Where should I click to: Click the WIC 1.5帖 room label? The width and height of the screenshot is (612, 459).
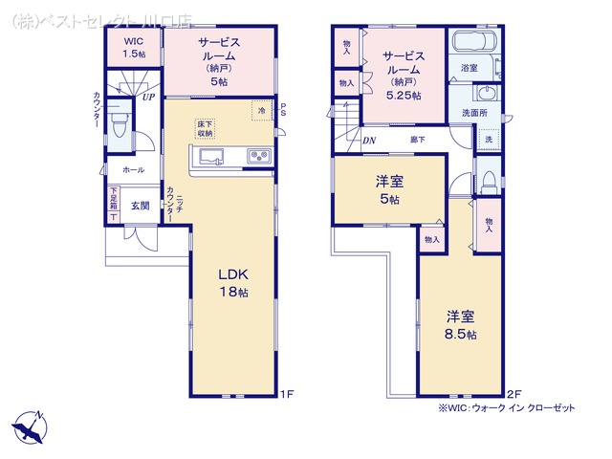click(x=134, y=47)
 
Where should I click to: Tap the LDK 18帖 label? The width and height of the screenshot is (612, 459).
click(x=233, y=283)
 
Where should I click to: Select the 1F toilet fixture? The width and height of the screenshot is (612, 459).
click(x=119, y=124)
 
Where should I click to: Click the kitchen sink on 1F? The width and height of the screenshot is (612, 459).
click(x=212, y=157)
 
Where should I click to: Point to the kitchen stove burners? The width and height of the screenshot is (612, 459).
click(x=259, y=156)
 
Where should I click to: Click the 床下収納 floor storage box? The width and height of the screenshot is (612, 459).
click(x=206, y=128)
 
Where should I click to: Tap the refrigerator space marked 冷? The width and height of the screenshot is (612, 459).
click(x=262, y=111)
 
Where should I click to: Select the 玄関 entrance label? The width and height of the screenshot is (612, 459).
click(x=141, y=206)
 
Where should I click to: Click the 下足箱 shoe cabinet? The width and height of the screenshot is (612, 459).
click(x=113, y=204)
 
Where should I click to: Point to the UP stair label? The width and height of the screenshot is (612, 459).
click(x=148, y=98)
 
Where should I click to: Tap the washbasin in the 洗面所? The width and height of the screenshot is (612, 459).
click(x=485, y=94)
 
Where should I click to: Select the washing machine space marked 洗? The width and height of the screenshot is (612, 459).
click(x=489, y=139)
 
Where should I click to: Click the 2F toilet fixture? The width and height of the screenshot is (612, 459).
click(x=489, y=183)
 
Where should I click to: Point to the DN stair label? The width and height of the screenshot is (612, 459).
click(x=369, y=141)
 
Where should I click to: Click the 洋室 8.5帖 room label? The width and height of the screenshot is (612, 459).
click(x=461, y=325)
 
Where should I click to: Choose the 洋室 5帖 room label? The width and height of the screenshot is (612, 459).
click(x=389, y=189)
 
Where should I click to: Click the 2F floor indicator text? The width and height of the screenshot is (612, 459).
click(x=514, y=393)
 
